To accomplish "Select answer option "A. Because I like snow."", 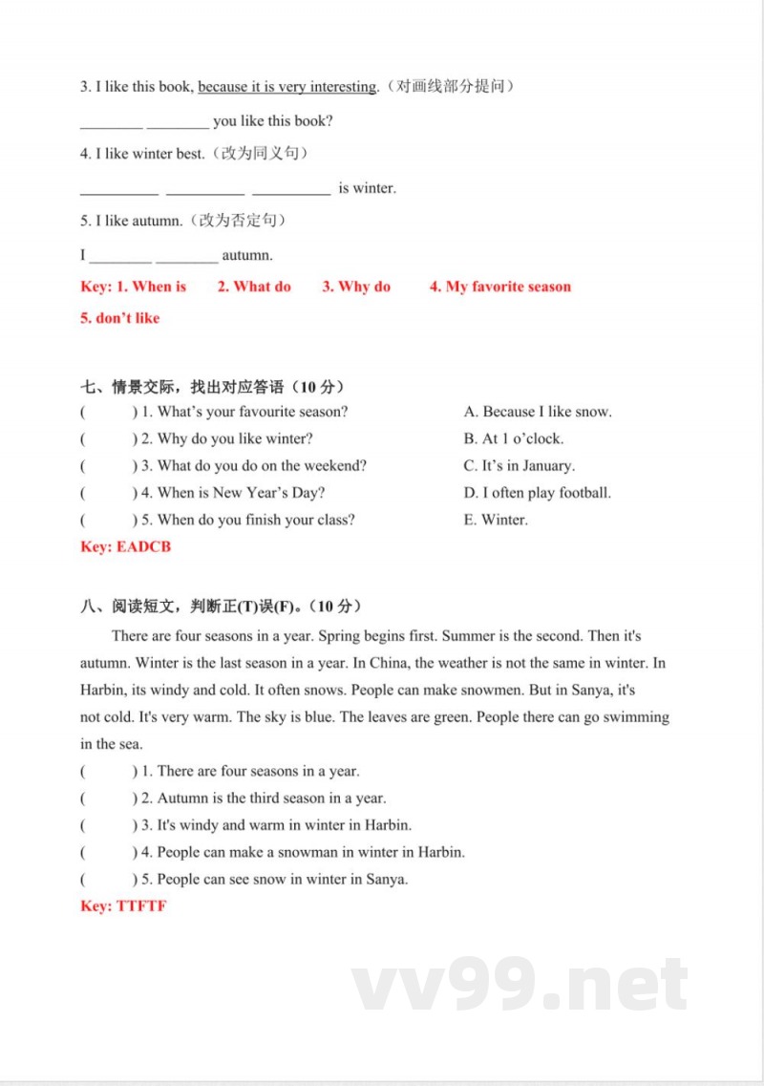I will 538,412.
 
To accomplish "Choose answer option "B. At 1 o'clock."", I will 514,438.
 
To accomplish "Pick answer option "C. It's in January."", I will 520,466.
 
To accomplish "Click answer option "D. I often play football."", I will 538,493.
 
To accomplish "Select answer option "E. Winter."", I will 496,520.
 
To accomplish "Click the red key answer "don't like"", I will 127,318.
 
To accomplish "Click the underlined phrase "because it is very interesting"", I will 287,87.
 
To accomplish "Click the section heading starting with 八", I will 222,607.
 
